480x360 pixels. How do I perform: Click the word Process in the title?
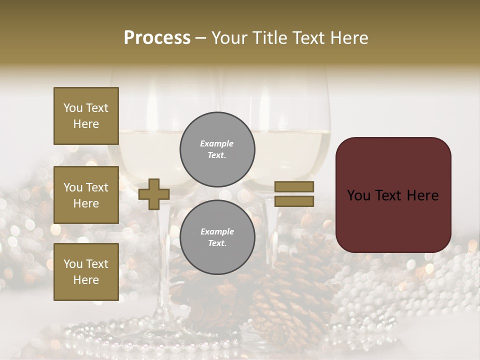pyautogui.click(x=157, y=38)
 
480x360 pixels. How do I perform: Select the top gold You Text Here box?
pyautogui.click(x=86, y=116)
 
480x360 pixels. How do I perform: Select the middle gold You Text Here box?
pyautogui.click(x=86, y=195)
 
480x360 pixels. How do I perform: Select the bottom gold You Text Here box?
pyautogui.click(x=86, y=272)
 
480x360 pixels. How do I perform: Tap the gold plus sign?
pyautogui.click(x=154, y=194)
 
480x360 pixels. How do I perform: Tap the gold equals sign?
pyautogui.click(x=294, y=194)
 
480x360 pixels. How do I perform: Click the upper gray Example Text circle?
pyautogui.click(x=217, y=149)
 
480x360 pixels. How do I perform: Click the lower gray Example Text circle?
pyautogui.click(x=217, y=237)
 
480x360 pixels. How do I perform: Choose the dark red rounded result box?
pyautogui.click(x=393, y=195)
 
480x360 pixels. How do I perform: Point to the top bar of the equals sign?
pyautogui.click(x=294, y=186)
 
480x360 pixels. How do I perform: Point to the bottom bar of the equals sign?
pyautogui.click(x=294, y=201)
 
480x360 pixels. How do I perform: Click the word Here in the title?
pyautogui.click(x=348, y=38)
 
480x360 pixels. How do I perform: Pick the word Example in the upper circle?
pyautogui.click(x=217, y=143)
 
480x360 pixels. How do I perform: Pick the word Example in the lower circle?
pyautogui.click(x=217, y=231)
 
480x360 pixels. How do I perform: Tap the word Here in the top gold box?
pyautogui.click(x=86, y=124)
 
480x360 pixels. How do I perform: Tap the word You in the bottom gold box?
pyautogui.click(x=73, y=264)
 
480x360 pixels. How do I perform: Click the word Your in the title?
pyautogui.click(x=230, y=38)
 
